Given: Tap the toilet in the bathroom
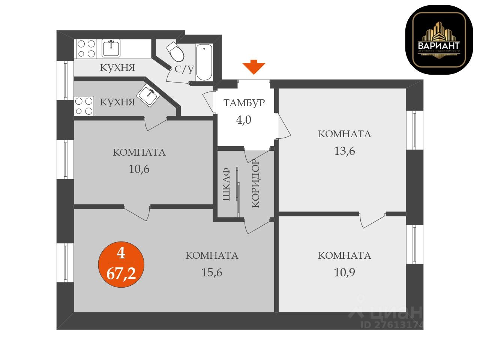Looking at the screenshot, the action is pos(175,52).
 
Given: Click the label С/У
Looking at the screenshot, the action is pos(184,69).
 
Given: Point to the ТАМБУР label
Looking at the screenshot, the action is pos(244,103).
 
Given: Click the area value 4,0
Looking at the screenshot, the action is pos(243,120).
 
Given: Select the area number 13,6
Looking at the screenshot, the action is pos(344,151).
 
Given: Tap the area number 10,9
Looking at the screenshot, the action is pos(344,272).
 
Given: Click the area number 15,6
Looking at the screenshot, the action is pos(212,273).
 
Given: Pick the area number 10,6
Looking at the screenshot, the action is pos(139,169).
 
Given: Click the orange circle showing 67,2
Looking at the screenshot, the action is pos(121,265).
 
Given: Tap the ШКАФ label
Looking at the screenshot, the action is pos(226,184).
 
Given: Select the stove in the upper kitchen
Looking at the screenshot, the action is pos(86,49).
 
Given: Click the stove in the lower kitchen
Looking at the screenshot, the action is pos(84,106).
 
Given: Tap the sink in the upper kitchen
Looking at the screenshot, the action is pos(111,49).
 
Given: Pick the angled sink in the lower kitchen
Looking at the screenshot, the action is pos(148,95).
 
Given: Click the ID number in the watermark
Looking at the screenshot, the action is pos(392,324).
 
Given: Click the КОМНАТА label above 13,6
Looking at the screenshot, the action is pos(344,134).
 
